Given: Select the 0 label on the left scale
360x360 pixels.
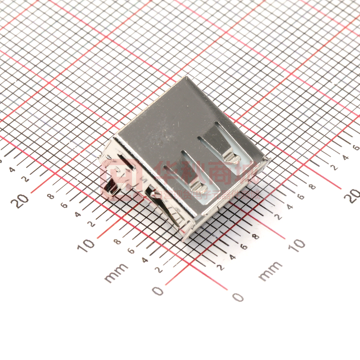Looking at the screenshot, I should coord(158,291).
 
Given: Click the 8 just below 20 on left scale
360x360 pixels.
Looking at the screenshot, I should coord(51,196).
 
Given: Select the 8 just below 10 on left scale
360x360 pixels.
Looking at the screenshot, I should coord(117,242).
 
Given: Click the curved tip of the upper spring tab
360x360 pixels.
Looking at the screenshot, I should coord(233,158).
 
